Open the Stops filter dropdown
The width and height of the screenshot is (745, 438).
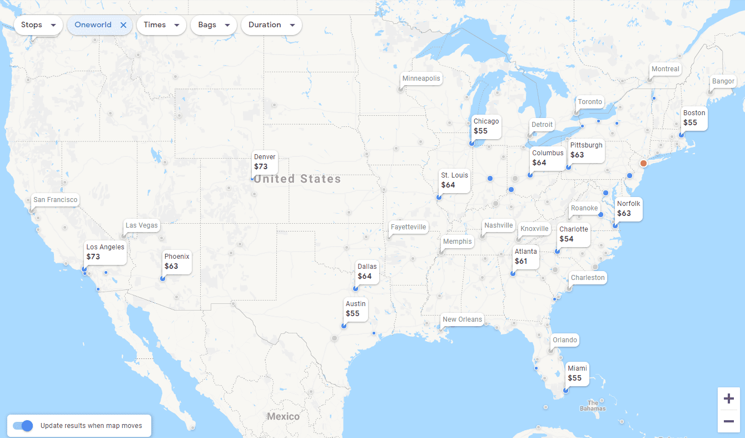38,25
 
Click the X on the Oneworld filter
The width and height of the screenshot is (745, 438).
123,25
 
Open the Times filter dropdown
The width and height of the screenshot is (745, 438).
161,25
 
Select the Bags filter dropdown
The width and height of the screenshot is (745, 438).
213,25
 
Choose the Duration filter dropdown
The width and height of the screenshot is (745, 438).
271,25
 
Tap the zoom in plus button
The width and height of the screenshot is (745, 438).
728,398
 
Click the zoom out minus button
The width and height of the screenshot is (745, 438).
728,421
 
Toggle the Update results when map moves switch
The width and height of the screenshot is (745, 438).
23,426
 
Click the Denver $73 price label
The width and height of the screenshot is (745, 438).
265,162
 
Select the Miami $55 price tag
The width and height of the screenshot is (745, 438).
577,373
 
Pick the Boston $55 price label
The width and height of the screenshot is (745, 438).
694,118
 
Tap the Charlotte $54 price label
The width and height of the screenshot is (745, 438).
573,234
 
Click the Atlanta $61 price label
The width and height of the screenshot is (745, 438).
525,257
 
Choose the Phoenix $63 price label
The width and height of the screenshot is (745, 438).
177,262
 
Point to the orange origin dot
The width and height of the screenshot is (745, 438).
643,164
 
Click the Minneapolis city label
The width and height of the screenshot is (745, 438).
421,78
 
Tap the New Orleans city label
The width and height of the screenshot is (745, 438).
462,319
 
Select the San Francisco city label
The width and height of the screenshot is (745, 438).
55,200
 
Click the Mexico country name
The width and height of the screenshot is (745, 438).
283,416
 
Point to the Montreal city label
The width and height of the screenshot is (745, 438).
665,69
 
